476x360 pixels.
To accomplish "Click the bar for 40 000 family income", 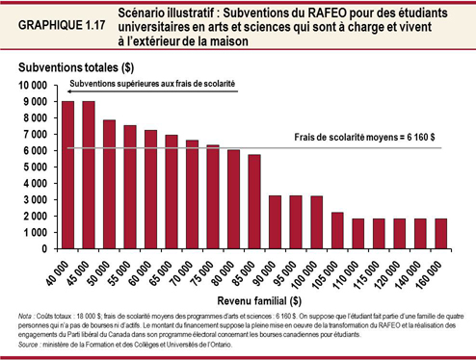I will tap(68, 174).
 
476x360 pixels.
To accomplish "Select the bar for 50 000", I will tap(110, 184).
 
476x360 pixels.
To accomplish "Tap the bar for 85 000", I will tap(254, 201).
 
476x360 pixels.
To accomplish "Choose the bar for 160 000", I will tap(440, 233).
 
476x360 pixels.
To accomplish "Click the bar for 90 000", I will tap(275, 221).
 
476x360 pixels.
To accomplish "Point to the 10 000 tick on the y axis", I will tap(36, 86).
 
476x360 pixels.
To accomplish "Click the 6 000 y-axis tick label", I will tap(39, 151).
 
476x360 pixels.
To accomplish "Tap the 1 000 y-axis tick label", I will tap(39, 232).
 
